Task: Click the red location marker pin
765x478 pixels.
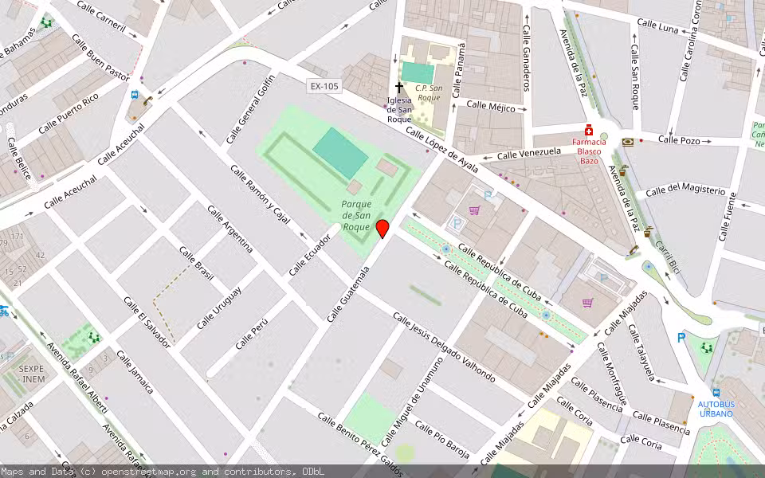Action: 382,229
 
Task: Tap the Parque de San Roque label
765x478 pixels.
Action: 356,215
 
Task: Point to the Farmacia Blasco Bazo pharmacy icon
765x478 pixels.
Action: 589,130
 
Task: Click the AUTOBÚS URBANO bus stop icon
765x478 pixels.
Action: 716,393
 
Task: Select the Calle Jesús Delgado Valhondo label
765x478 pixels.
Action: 444,347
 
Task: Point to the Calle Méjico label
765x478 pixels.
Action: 491,105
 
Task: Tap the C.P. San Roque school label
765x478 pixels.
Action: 428,92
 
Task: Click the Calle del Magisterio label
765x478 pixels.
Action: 685,190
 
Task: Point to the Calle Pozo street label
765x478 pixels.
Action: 679,139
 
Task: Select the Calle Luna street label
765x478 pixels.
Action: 658,26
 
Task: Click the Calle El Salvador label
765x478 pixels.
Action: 147,323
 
